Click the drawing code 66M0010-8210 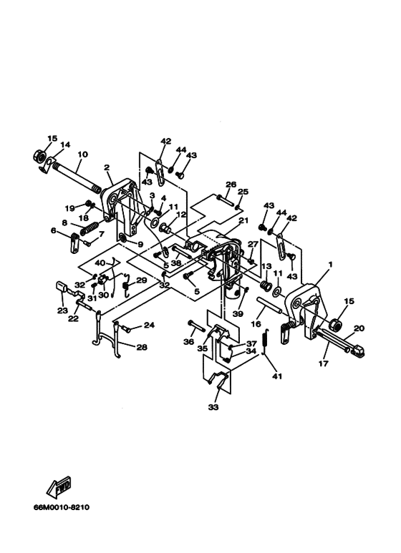click(x=62, y=507)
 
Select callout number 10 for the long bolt click(x=83, y=155)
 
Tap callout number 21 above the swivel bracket click(x=243, y=220)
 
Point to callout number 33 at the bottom click(x=213, y=407)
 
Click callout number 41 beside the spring click(x=277, y=376)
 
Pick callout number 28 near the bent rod click(x=142, y=348)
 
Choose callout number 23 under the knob click(x=62, y=311)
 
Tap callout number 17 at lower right click(x=324, y=363)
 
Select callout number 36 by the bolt click(x=189, y=341)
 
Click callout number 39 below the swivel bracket click(x=238, y=314)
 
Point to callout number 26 click(x=231, y=185)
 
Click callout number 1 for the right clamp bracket click(x=330, y=264)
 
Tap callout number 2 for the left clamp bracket click(x=107, y=167)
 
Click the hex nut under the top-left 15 click(x=38, y=155)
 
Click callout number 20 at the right click(x=359, y=328)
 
